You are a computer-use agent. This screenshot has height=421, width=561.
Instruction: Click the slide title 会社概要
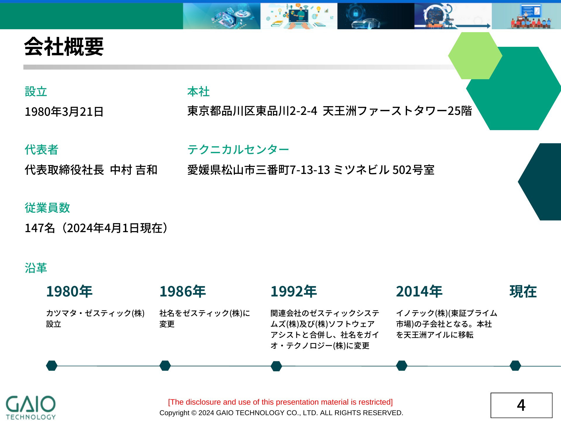point(64,47)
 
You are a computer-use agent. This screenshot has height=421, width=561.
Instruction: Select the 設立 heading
point(36,92)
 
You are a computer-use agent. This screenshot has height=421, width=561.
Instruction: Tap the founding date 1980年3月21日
point(64,112)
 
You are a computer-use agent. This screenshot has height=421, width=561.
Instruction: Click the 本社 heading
point(198,92)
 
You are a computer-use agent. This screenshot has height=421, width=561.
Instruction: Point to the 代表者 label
point(41,150)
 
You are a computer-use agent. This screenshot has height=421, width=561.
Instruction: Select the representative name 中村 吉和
point(134,170)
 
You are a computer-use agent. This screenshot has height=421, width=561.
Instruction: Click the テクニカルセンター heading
point(238,150)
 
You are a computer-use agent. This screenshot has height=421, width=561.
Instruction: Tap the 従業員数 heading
point(47,208)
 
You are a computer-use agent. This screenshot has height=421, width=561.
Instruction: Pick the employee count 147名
point(40,228)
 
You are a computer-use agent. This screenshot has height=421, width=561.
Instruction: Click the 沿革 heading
point(36,268)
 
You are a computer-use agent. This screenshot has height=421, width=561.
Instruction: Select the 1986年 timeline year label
point(183,291)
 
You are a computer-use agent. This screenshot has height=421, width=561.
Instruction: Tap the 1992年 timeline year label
point(294,291)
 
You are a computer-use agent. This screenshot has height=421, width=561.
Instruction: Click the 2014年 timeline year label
point(419,291)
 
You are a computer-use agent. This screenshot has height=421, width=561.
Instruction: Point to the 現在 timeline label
point(523,291)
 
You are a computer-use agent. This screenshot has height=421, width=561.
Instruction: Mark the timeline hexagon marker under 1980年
point(52,365)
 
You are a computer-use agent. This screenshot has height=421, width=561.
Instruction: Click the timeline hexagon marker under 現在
point(515,365)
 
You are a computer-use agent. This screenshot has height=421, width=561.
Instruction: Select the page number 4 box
point(522,405)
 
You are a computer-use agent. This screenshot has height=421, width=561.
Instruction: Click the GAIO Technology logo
point(31,408)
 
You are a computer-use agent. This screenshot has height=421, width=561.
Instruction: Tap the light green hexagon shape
point(475,56)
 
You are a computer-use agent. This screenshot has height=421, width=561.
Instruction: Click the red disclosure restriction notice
point(280,402)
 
